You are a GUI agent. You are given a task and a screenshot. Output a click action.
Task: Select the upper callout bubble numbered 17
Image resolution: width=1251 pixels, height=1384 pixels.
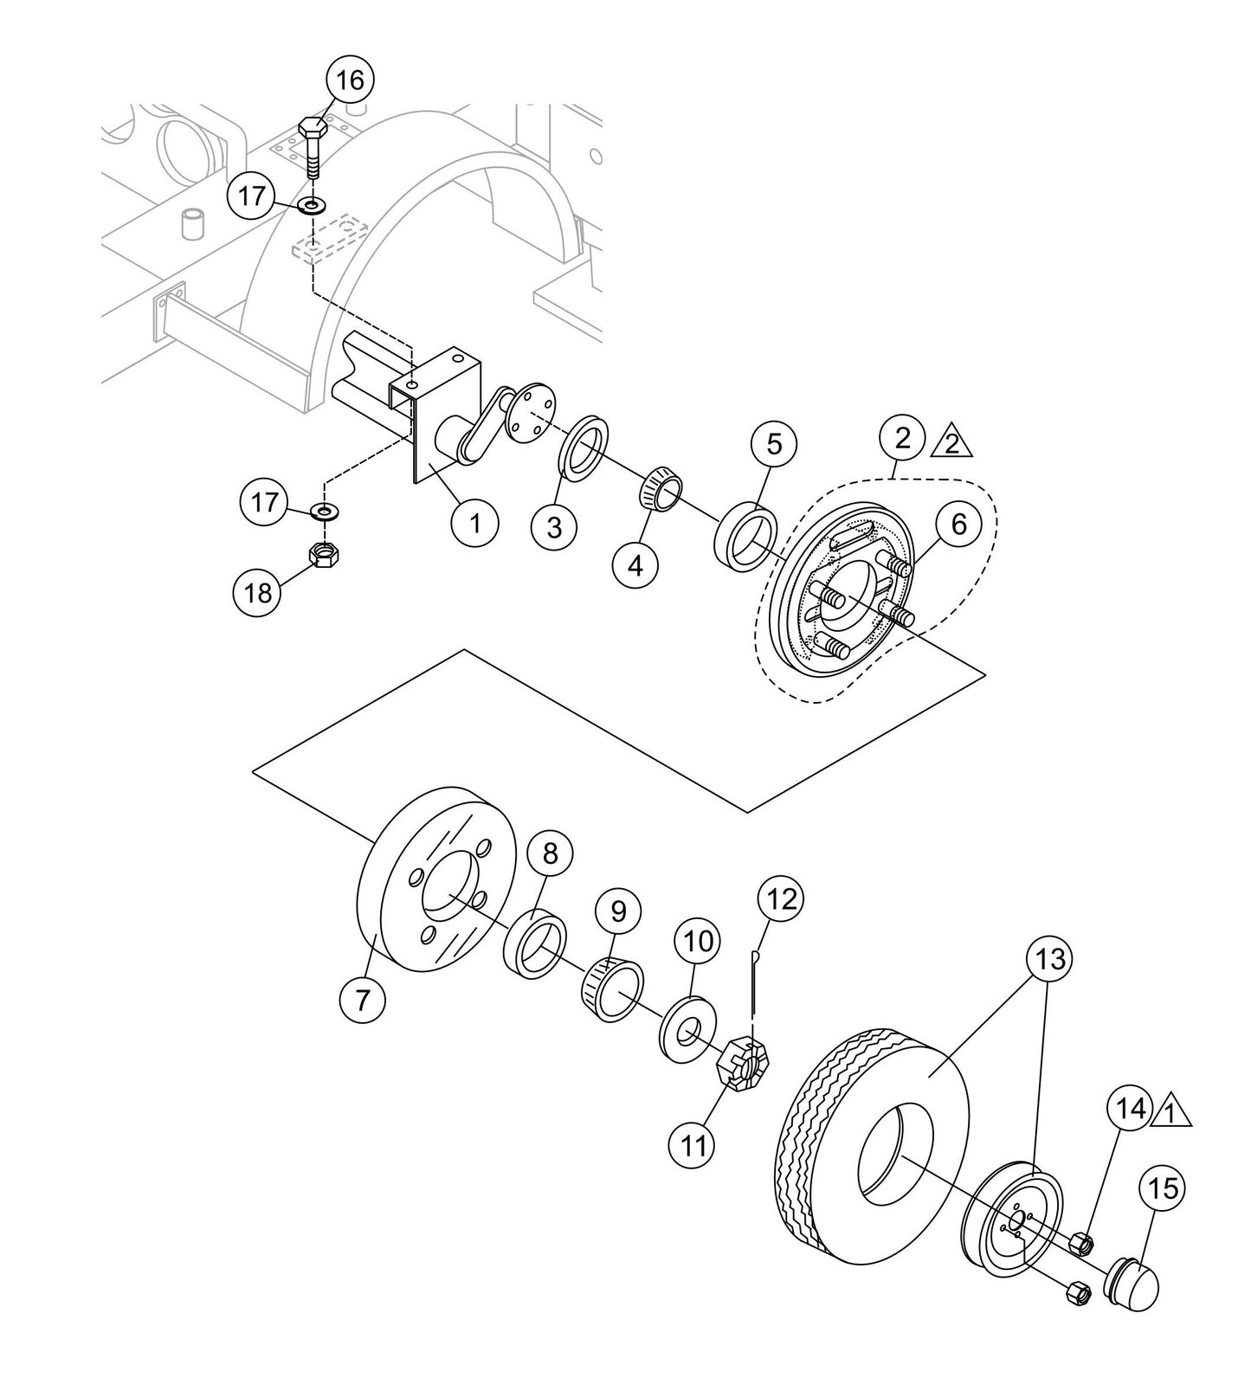251,197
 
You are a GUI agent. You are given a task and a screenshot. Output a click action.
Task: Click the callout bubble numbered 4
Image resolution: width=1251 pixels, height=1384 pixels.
635,566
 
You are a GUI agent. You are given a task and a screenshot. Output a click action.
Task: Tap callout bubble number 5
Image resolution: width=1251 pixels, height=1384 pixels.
774,445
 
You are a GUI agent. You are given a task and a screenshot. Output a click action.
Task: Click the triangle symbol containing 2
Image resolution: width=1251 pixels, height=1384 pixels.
951,442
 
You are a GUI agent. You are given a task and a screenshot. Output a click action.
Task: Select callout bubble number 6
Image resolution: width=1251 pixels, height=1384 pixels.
958,524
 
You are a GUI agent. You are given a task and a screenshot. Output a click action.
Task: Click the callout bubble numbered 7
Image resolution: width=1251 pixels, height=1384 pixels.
363,1000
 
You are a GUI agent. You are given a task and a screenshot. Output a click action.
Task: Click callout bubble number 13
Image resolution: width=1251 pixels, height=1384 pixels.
1048,959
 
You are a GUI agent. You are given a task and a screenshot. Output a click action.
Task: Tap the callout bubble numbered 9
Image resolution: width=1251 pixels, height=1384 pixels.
617,911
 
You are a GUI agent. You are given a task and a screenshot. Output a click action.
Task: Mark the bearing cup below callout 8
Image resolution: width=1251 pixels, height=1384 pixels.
536,950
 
